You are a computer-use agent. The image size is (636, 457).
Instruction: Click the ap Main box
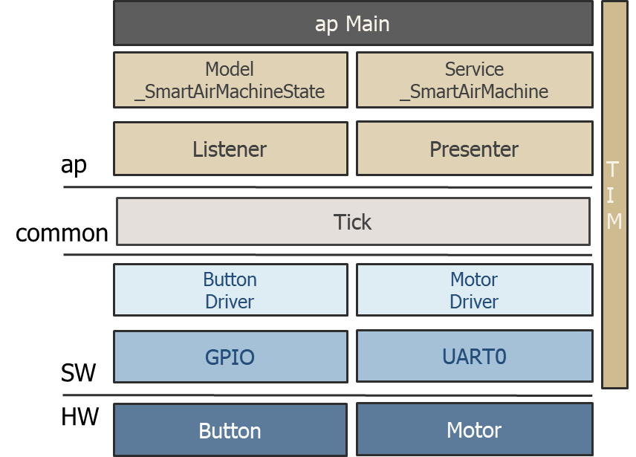point(353,24)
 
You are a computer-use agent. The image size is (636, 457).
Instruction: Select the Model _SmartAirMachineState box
point(230,80)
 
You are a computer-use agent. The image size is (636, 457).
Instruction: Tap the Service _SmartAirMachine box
point(474,80)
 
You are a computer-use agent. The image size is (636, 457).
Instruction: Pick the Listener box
point(230,149)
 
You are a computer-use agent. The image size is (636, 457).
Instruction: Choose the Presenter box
point(474,149)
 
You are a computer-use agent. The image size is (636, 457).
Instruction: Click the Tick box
point(353,221)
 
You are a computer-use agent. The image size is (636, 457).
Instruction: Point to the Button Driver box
point(230,291)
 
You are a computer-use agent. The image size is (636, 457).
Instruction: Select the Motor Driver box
point(474,291)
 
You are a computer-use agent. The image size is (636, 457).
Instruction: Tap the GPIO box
point(230,357)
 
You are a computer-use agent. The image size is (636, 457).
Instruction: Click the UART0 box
point(474,357)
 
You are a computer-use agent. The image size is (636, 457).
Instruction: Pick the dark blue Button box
point(230,430)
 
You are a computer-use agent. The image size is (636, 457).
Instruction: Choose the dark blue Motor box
point(474,430)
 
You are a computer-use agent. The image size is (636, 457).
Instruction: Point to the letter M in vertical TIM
point(614,221)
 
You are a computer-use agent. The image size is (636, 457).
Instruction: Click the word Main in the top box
point(367,24)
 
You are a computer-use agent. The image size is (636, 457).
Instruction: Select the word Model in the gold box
point(230,69)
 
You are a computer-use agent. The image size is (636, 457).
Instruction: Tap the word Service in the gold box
point(474,69)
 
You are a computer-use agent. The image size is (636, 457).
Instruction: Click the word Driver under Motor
point(474,302)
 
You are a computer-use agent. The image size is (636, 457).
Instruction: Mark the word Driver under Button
point(230,302)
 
